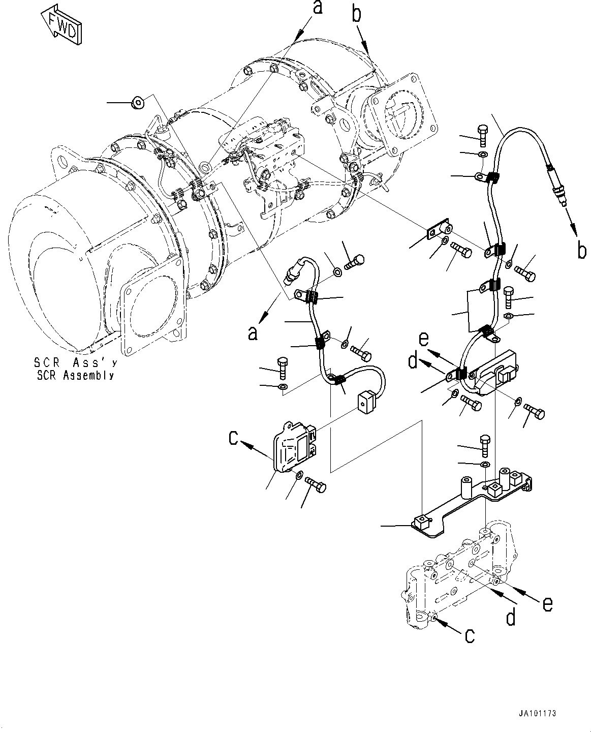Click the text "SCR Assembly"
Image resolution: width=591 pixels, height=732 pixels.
[x=74, y=376]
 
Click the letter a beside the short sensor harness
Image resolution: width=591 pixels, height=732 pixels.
[x=253, y=333]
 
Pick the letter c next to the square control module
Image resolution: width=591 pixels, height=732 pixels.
[x=233, y=437]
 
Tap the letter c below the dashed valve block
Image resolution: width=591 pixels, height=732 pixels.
[x=471, y=635]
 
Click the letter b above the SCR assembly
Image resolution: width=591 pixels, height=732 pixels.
[x=357, y=14]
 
